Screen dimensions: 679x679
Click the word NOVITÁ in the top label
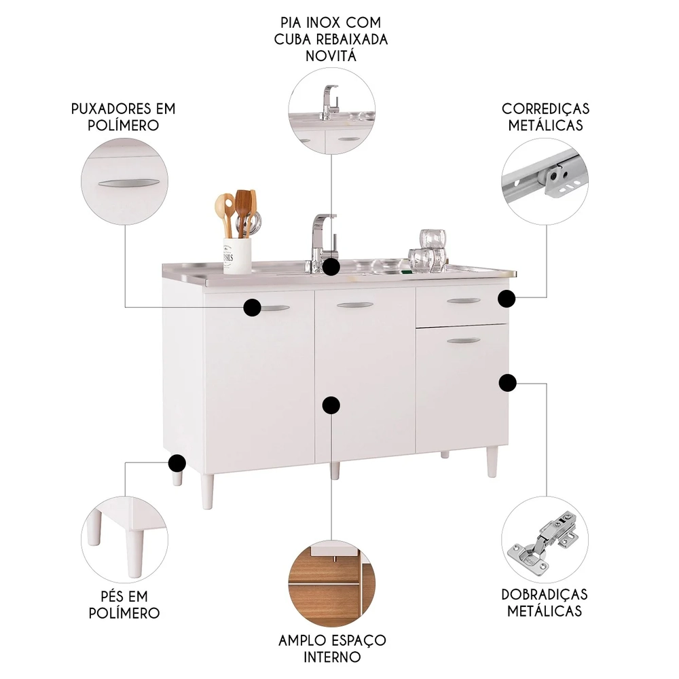(331, 56)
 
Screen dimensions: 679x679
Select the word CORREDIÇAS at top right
(545, 109)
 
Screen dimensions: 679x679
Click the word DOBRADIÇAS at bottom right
(545, 594)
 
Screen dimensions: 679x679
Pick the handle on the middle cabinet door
(354, 306)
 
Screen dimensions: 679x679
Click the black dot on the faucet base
(331, 267)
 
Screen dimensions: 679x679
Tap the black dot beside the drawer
(507, 298)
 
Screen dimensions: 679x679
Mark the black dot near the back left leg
(177, 463)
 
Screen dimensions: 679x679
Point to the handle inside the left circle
(128, 183)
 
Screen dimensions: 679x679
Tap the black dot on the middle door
(331, 406)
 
